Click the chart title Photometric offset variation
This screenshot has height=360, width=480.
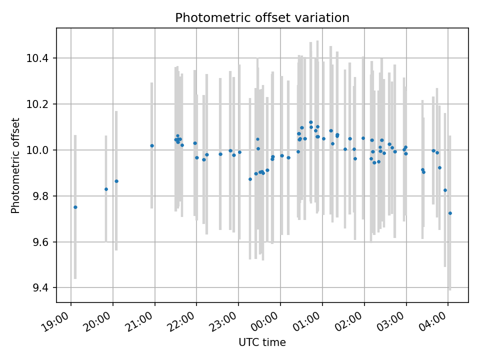pyautogui.click(x=262, y=18)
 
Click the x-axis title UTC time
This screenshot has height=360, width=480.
pyautogui.click(x=262, y=342)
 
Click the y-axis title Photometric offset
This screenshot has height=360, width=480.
pyautogui.click(x=15, y=165)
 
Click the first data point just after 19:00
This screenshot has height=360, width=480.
pyautogui.click(x=75, y=207)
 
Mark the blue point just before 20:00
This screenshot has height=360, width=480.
pyautogui.click(x=106, y=189)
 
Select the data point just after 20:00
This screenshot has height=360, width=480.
pyautogui.click(x=116, y=181)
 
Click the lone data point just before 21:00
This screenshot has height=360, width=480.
pyautogui.click(x=152, y=146)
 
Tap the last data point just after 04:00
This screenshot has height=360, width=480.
pyautogui.click(x=450, y=213)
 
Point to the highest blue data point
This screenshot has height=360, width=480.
pyautogui.click(x=311, y=122)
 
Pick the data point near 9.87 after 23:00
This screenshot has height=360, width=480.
pyautogui.click(x=250, y=179)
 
